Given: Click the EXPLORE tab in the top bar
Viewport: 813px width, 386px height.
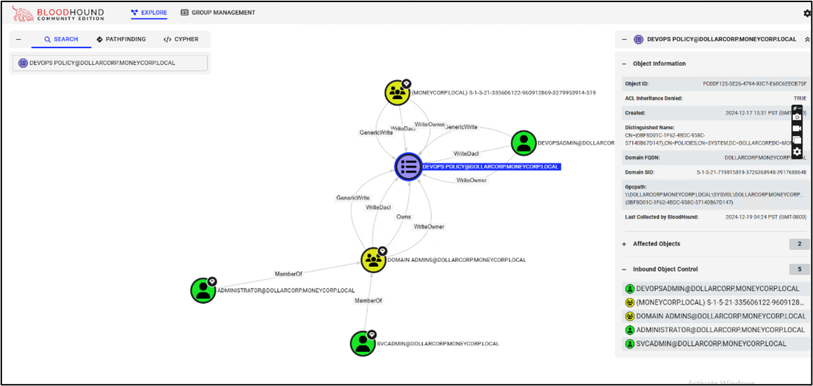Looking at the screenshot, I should tap(148, 13).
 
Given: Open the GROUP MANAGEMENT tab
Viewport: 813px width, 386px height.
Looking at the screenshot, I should tap(218, 13).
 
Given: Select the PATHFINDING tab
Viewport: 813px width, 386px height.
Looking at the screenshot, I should tap(122, 39).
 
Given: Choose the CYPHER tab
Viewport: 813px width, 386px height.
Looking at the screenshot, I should tap(181, 39).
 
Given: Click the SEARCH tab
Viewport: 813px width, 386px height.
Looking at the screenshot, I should tap(61, 39).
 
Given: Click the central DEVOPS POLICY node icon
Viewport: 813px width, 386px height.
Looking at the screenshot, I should tap(408, 166).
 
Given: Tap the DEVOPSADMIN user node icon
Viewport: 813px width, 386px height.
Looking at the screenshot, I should tap(523, 143).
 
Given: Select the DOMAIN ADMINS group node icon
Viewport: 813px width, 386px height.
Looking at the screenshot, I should tap(373, 260).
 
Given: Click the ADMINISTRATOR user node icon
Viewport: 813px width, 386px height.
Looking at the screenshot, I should tap(203, 290).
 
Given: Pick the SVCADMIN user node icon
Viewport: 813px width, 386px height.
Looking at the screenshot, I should tap(362, 343).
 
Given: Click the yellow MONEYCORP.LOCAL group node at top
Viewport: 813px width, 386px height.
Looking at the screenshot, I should tap(397, 92).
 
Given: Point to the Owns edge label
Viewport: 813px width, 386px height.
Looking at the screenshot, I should tap(403, 217).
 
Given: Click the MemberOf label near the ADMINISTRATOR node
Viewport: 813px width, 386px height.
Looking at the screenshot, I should tap(288, 274).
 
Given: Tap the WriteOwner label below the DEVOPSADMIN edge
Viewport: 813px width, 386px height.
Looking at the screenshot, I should tap(471, 181).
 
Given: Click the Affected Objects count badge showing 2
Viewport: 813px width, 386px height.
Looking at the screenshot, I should tap(798, 244).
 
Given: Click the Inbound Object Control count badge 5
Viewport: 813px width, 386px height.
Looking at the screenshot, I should tap(798, 269).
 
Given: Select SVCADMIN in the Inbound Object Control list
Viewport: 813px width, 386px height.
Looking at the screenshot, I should tap(711, 344).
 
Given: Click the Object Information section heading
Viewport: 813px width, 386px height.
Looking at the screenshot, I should tap(659, 64).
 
